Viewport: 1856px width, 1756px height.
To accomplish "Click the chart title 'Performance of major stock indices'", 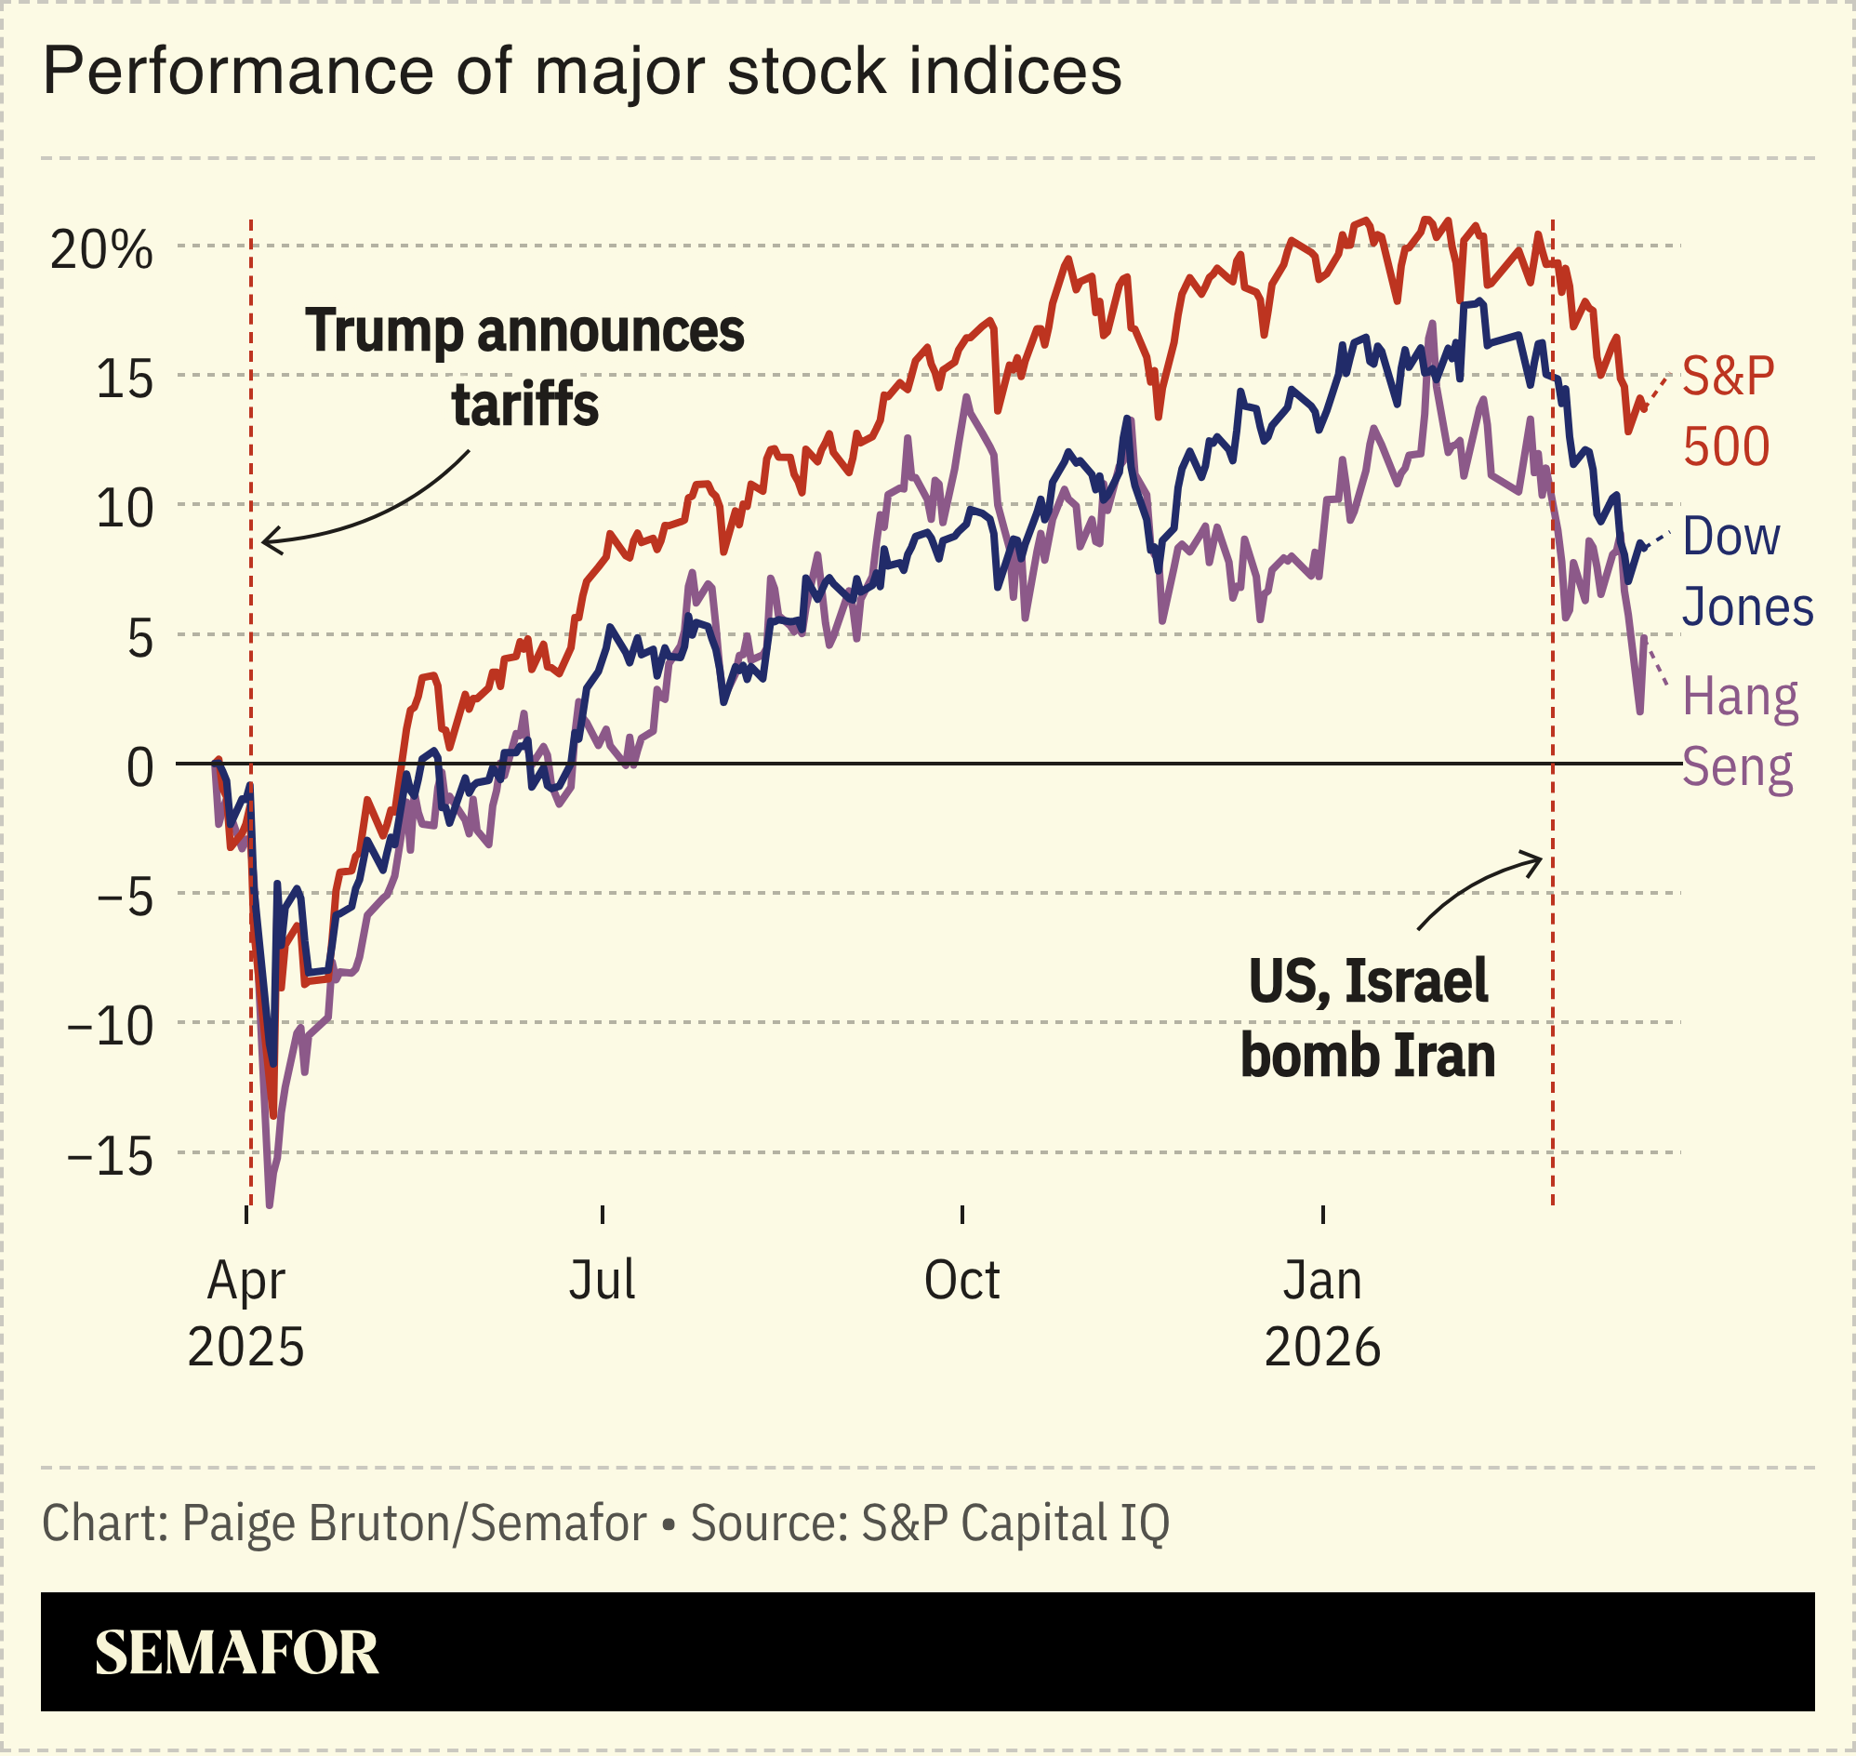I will click(581, 72).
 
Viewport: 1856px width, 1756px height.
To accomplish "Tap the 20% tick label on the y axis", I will click(101, 250).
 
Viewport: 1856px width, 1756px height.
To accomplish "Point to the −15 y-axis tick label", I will click(110, 1158).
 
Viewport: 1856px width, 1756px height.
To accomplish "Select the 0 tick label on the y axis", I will click(139, 768).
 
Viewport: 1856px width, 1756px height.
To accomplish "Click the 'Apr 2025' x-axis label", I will click(246, 1312).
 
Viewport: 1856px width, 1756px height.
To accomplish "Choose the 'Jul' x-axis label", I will click(602, 1281).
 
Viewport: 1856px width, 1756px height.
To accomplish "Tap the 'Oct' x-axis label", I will click(961, 1281).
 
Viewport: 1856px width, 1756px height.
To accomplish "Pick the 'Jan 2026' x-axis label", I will click(1321, 1312).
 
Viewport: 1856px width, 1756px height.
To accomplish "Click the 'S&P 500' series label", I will click(1727, 411).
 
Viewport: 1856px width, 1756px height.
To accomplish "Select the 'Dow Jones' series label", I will click(1746, 572).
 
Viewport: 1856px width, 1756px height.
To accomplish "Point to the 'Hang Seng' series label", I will click(1739, 732).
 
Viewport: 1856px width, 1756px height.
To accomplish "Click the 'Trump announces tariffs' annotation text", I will click(524, 367).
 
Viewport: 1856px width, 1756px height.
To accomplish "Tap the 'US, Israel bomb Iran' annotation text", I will click(1368, 1018).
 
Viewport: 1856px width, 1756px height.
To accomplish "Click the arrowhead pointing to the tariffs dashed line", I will click(266, 541).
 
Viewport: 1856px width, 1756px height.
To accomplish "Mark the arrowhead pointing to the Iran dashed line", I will click(1538, 858).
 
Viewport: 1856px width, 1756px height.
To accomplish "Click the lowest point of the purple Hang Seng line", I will click(270, 1204).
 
